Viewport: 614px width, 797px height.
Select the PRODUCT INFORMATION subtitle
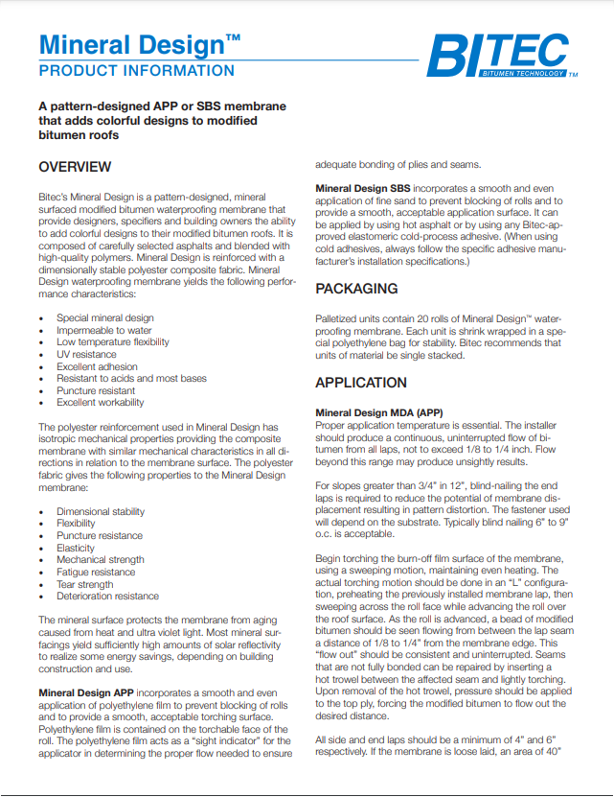[136, 71]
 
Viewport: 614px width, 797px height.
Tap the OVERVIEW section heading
[75, 167]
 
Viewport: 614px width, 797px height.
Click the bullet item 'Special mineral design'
[104, 317]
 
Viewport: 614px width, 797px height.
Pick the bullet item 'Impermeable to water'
[103, 330]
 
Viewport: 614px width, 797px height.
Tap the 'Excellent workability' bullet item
[102, 403]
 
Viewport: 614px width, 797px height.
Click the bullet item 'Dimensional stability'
[101, 512]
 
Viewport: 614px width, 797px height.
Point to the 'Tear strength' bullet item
[84, 584]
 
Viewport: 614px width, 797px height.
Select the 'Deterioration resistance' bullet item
[107, 597]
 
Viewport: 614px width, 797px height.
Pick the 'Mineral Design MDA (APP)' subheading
[378, 412]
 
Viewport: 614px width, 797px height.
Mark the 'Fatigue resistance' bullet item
[96, 572]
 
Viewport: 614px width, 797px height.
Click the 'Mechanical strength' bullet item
[100, 560]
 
